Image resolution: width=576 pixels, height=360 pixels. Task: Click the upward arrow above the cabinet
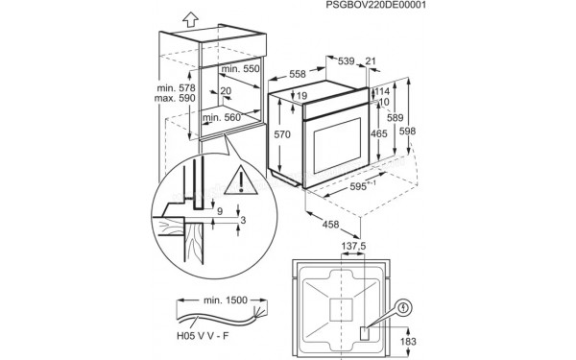point(190,16)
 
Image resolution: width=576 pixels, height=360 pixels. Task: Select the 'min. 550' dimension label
point(240,71)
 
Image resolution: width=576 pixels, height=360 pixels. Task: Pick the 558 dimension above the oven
point(299,75)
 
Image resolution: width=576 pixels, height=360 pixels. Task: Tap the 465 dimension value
point(379,134)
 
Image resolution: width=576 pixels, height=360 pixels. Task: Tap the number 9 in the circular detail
point(219,211)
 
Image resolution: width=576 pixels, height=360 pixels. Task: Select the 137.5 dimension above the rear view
point(354,247)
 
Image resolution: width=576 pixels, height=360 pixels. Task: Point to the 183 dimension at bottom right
point(408,342)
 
